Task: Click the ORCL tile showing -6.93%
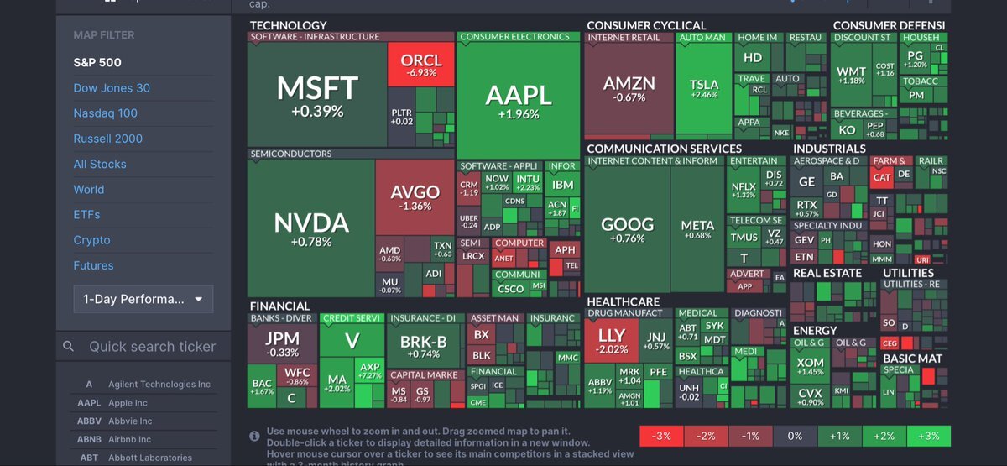click(x=420, y=65)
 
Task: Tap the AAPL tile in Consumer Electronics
click(x=518, y=101)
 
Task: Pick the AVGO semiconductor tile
click(x=415, y=197)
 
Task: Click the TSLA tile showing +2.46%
click(x=704, y=88)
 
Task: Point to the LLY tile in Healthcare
click(x=611, y=341)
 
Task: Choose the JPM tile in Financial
click(x=282, y=343)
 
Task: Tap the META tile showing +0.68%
click(x=697, y=229)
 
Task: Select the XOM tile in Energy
click(x=810, y=366)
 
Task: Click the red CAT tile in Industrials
click(x=882, y=176)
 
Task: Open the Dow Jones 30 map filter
click(x=112, y=88)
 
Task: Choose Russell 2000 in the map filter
click(x=107, y=139)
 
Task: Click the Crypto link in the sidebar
click(x=91, y=240)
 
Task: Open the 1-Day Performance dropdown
click(x=143, y=299)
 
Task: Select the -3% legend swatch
click(x=661, y=436)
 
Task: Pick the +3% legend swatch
click(x=928, y=436)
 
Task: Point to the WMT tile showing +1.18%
click(x=851, y=75)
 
